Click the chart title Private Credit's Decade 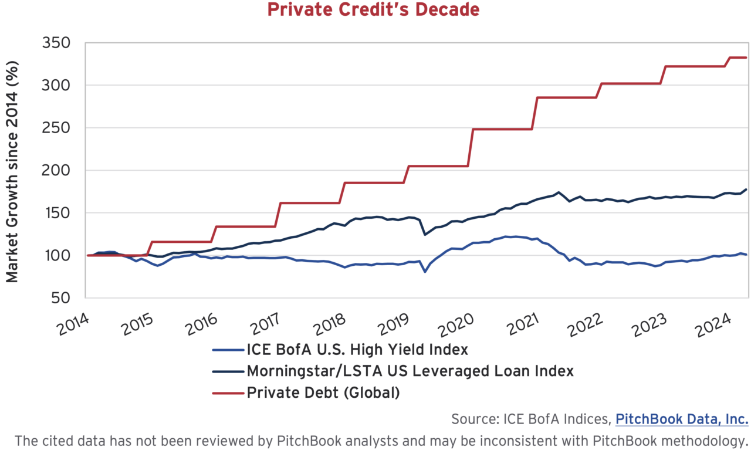[x=373, y=10]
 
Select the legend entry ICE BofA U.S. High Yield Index [x=357, y=350]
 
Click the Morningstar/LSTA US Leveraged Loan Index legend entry [x=410, y=371]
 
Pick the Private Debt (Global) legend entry [x=323, y=392]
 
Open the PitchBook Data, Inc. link [x=682, y=419]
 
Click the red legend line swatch [x=227, y=392]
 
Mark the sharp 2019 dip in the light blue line [x=425, y=271]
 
